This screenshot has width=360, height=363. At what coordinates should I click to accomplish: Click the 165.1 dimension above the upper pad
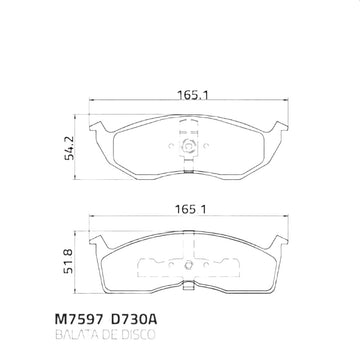[193, 95]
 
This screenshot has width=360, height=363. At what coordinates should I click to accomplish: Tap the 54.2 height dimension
[70, 147]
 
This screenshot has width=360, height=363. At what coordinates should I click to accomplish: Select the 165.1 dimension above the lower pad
[192, 210]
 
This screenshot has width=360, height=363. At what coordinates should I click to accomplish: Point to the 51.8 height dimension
[68, 262]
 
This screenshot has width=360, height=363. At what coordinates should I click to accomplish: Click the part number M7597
[78, 319]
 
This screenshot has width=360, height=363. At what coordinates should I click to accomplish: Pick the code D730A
[133, 319]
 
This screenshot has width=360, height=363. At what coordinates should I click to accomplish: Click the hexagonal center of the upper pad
[188, 146]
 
